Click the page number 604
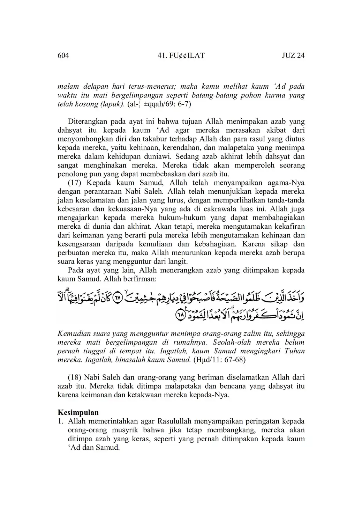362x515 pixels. coord(63,56)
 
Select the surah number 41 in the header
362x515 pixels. coord(161,56)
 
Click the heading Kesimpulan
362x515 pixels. coord(78,412)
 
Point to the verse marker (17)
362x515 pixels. coord(75,183)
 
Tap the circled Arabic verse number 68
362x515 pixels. coord(180,315)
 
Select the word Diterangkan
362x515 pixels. coord(87,122)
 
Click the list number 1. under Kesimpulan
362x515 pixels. coord(61,421)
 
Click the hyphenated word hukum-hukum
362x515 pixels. coord(188,218)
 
